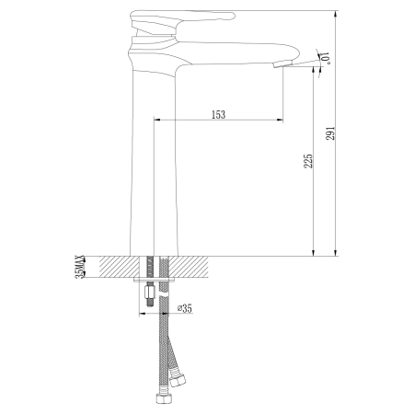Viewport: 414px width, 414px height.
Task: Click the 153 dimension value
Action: point(218,114)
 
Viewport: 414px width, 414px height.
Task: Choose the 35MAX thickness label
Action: point(80,268)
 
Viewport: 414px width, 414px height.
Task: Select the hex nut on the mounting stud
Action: point(147,297)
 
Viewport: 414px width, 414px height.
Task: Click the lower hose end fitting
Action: point(158,399)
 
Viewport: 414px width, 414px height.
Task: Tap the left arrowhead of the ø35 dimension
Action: point(143,313)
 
